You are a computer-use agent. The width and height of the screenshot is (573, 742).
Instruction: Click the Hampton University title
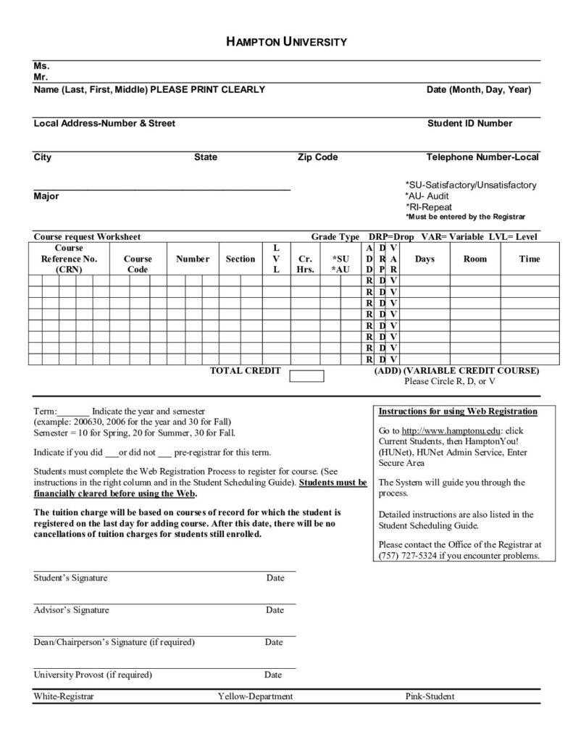tap(286, 42)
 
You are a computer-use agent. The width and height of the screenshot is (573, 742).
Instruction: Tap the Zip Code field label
tap(317, 157)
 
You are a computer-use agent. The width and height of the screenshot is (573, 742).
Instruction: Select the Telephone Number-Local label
tap(482, 157)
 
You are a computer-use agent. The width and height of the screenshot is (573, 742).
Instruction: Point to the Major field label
tap(46, 196)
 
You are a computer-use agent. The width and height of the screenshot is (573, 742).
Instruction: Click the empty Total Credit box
tap(306, 375)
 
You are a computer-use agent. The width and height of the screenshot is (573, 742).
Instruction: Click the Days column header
tap(424, 259)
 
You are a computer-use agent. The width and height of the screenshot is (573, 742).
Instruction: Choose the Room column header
tap(475, 259)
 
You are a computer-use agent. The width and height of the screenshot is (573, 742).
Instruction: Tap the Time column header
tap(530, 259)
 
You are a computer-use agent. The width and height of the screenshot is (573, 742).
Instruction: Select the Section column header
tap(240, 259)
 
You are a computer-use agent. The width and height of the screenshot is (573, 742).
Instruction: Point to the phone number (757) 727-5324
tap(406, 556)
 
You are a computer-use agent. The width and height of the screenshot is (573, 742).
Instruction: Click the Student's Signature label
tap(70, 578)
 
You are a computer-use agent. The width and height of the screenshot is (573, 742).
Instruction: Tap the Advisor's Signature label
tap(71, 610)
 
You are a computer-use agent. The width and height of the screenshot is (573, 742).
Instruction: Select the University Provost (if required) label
tap(93, 675)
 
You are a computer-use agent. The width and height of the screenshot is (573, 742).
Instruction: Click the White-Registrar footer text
tap(64, 696)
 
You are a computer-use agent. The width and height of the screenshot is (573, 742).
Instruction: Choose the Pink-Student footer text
tap(430, 696)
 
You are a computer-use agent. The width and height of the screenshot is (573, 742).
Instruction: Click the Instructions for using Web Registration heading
tap(458, 412)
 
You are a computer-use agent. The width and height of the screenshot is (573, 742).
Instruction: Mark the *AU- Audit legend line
tap(427, 196)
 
